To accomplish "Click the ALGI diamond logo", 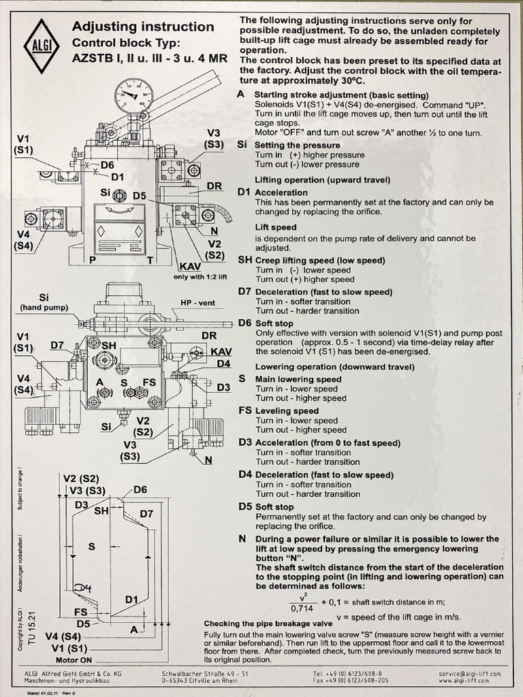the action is click(x=42, y=46).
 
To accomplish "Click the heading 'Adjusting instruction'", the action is click(x=143, y=27).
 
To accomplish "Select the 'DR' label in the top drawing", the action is click(x=215, y=186).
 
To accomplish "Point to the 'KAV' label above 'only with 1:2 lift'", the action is click(x=191, y=267).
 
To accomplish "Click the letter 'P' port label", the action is click(x=93, y=259).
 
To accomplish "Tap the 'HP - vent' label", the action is click(x=197, y=303).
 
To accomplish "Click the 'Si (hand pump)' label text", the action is click(x=44, y=302).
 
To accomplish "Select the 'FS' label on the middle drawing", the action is click(x=149, y=383).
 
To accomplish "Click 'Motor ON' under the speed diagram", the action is click(x=74, y=660).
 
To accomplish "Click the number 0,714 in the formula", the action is click(x=302, y=608).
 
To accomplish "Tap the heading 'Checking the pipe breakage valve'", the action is click(x=268, y=623).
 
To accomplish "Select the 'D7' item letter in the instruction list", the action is click(x=244, y=291).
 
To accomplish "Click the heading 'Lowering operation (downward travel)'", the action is click(x=335, y=367).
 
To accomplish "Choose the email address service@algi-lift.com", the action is click(x=469, y=673).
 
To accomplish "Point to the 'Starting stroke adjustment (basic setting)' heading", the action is click(x=342, y=95).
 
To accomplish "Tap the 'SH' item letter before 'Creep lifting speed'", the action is click(x=244, y=259).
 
